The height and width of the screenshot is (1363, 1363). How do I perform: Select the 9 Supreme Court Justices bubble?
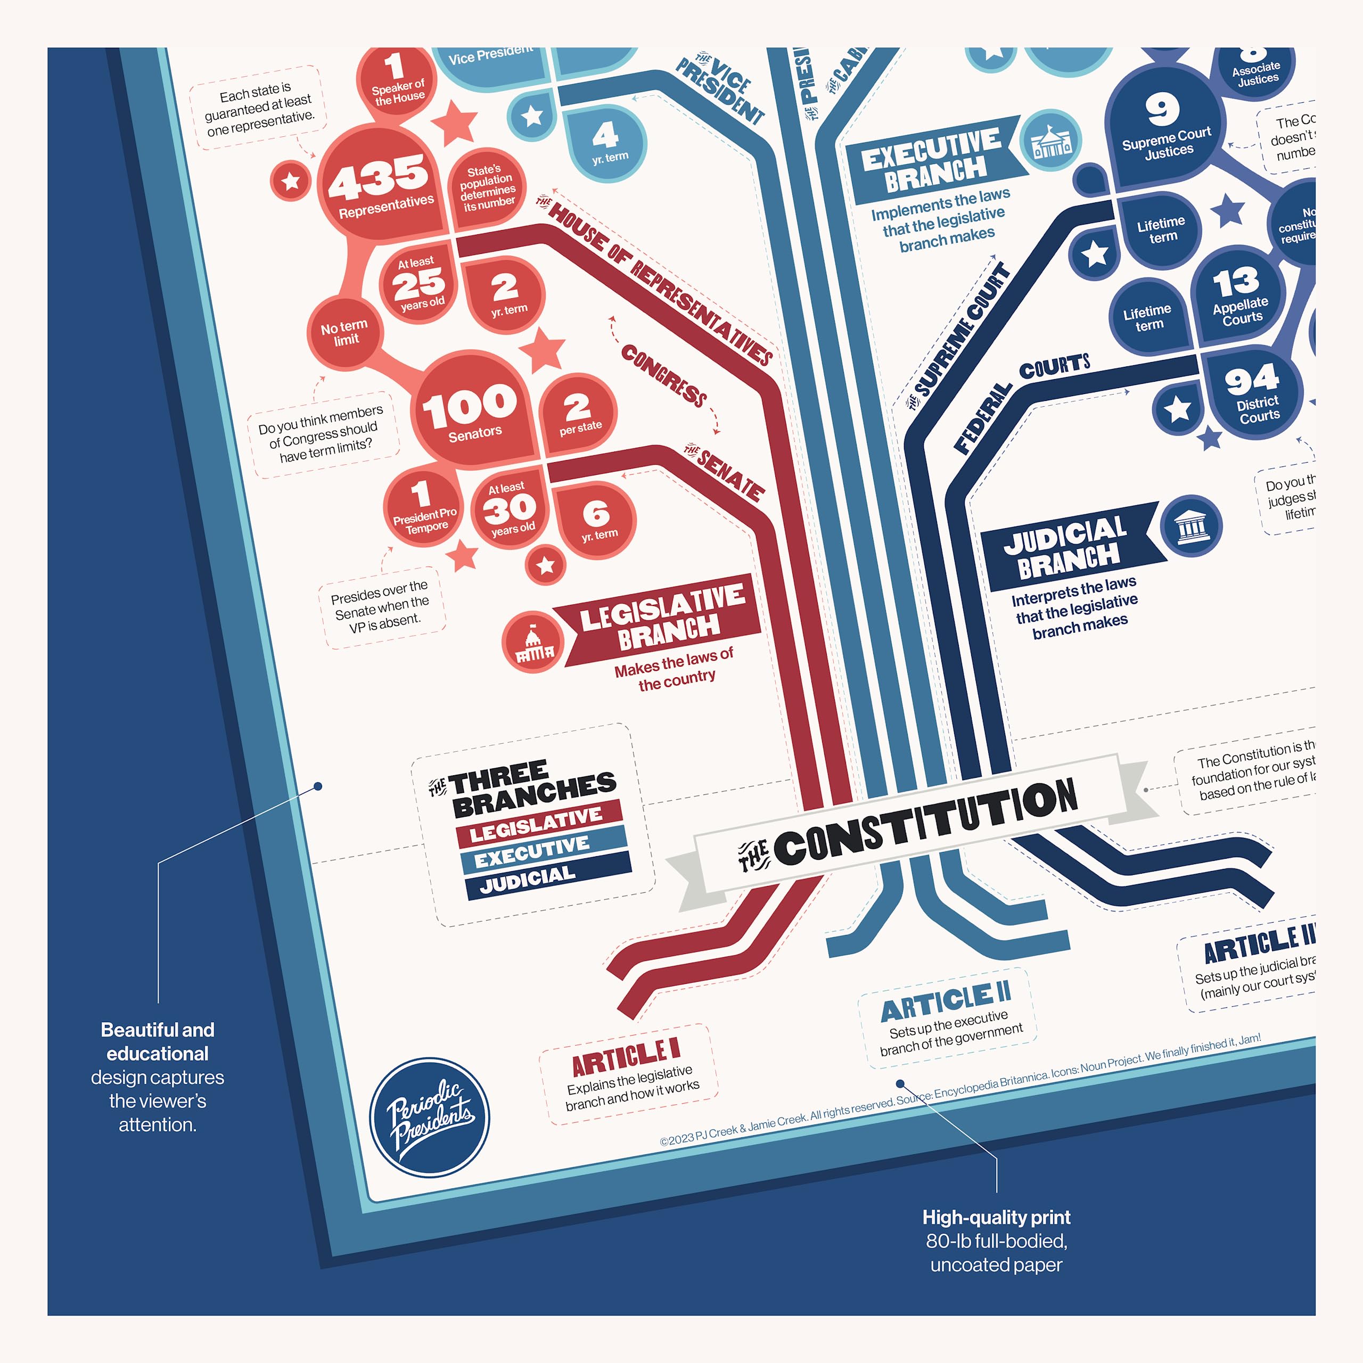pos(1164,127)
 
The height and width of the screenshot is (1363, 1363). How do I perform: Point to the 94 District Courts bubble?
pos(1252,395)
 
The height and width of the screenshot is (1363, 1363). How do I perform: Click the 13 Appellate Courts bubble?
pos(1238,297)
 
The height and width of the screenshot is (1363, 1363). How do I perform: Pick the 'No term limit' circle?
pos(344,332)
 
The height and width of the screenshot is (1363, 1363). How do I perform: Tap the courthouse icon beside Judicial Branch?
pos(1192,526)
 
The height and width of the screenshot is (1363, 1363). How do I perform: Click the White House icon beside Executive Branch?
pos(1051,141)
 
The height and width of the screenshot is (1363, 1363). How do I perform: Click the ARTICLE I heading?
pos(626,1056)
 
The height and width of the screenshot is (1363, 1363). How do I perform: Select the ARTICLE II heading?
pos(946,1001)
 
